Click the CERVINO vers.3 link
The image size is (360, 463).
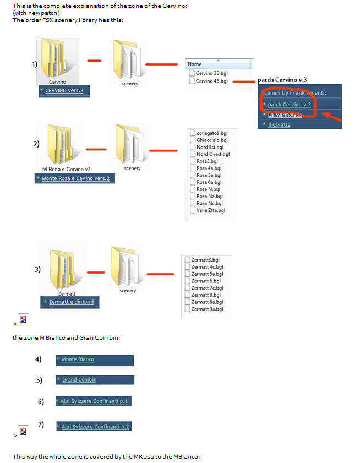click(x=64, y=90)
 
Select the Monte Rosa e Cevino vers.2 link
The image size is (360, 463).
click(x=75, y=178)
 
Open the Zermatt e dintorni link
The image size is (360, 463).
click(x=71, y=302)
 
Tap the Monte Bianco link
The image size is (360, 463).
click(x=78, y=359)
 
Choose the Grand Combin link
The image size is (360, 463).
click(x=79, y=380)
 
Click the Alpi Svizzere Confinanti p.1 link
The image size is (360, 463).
click(x=94, y=401)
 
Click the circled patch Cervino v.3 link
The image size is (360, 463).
click(x=289, y=105)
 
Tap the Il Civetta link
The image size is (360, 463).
click(x=279, y=124)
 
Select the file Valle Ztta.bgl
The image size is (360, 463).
click(x=210, y=210)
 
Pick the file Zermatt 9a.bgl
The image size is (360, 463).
click(x=207, y=309)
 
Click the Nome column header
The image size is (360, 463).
click(x=195, y=64)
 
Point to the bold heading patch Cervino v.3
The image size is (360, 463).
click(x=282, y=80)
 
